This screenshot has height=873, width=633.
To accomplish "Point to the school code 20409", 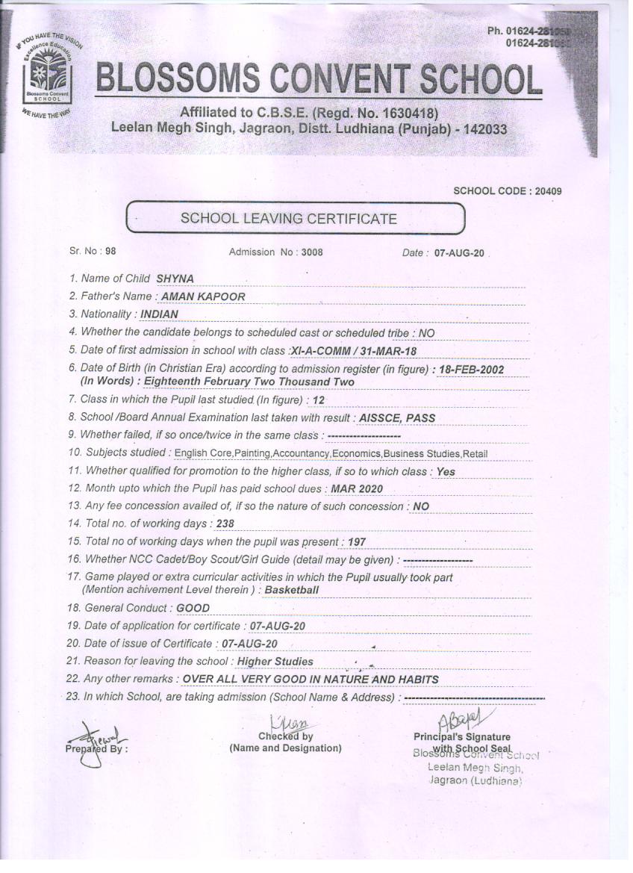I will pos(546,191).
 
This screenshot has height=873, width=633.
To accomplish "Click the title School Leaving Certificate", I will pos(289,219).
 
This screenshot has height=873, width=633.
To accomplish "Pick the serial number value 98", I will pos(110,252).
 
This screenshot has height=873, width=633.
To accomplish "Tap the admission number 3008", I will pos(312,252).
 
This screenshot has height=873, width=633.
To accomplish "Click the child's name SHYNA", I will pos(175,279).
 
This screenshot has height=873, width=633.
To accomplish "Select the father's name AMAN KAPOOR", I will pos(203,296).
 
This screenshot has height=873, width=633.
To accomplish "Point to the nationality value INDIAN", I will pos(159,314).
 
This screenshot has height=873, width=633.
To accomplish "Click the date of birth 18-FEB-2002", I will pos(472,370).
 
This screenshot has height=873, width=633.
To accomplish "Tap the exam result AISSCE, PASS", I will pos(397,418).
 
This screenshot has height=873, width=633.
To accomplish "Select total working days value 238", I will pos(225,524).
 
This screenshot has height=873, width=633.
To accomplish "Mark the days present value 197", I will pos(357,542).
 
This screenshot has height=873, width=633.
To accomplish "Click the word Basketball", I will pos(292,590).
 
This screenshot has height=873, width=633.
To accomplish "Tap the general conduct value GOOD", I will pos(193,608).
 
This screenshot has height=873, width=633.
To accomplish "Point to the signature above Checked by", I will pos(287,722).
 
